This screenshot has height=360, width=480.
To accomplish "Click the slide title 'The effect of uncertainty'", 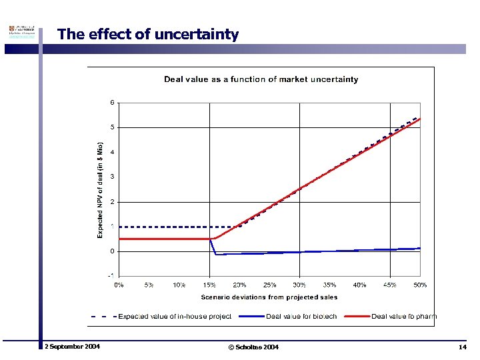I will coord(147,34).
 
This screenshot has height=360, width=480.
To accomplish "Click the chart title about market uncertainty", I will coord(261,79).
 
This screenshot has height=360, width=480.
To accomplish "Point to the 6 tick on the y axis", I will coord(113,102).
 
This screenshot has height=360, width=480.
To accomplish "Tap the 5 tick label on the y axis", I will coord(113,127).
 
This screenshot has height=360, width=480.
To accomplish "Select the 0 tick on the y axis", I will coord(113,251).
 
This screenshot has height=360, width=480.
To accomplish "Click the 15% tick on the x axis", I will coord(209,285).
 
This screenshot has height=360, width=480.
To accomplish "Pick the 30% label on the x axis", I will coord(299,285).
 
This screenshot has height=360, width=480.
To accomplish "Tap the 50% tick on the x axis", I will coord(419,285).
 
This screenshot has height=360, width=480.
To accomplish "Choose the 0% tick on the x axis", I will coord(119,285).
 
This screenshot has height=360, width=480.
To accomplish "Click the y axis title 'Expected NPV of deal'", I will coord(101,189).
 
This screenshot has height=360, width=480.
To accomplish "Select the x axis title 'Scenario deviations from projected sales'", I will coord(269,297).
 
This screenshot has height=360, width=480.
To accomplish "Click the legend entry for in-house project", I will coord(175,316).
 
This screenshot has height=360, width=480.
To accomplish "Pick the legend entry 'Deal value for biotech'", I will coord(302,316).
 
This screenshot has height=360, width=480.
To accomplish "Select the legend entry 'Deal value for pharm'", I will coord(404,316).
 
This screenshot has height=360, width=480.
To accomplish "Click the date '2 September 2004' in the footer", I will coord(72,347).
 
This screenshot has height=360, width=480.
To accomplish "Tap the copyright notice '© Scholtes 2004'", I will coord(253,347).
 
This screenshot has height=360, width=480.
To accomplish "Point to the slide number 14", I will coord(462,347).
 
